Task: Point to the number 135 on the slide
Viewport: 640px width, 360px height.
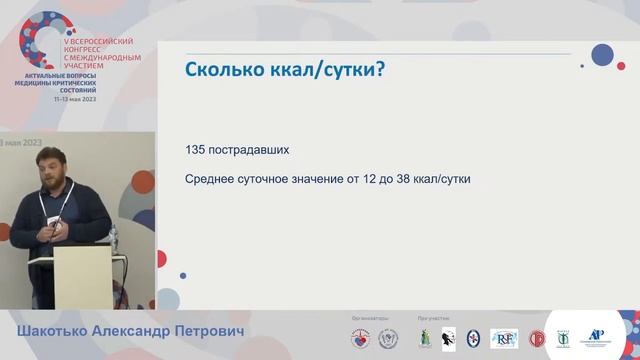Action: (x=197, y=149)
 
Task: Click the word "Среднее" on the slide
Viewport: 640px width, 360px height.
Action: (x=213, y=180)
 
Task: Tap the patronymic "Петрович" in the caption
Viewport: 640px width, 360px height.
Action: (x=215, y=331)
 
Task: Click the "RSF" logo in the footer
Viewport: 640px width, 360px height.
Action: (x=504, y=338)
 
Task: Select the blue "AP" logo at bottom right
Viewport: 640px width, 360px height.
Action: (x=598, y=337)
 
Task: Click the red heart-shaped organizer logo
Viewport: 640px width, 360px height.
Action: (x=360, y=338)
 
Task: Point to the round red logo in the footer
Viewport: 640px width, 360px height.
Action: (x=537, y=338)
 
